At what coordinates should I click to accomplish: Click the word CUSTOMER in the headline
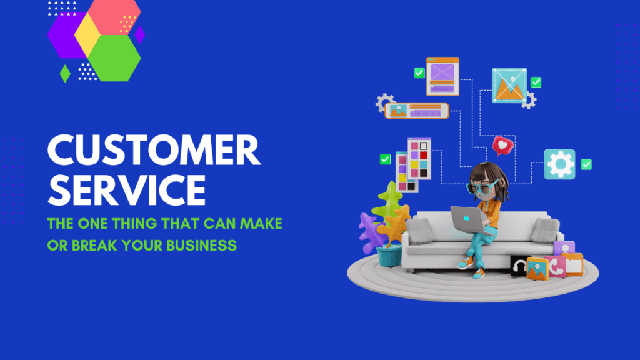point(154,150)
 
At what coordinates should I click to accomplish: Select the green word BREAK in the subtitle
point(95,245)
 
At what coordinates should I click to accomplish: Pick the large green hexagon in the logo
point(115,58)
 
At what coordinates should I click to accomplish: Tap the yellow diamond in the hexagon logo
point(87,35)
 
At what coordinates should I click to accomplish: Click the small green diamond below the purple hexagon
point(65,74)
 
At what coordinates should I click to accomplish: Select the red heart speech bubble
point(503,145)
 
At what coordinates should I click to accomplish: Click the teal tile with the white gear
point(559,164)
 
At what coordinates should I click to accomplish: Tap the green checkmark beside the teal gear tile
point(586,164)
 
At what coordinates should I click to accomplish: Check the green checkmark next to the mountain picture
point(536,82)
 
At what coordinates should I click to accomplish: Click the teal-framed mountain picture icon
point(509,85)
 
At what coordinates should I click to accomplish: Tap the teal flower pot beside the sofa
point(389,256)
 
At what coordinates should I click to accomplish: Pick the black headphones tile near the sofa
point(519,266)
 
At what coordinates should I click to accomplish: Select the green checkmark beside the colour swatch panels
point(385,159)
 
